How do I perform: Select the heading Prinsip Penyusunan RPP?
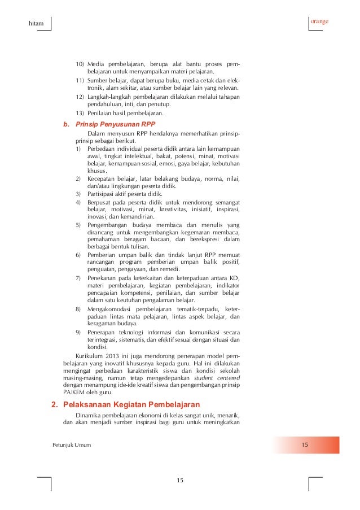coord(115,124)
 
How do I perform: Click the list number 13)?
coord(80,113)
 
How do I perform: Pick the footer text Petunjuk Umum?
coord(71,446)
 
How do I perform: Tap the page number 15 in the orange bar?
coord(305,446)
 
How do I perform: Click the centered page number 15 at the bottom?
coord(180,480)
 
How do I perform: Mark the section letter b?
coord(66,124)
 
